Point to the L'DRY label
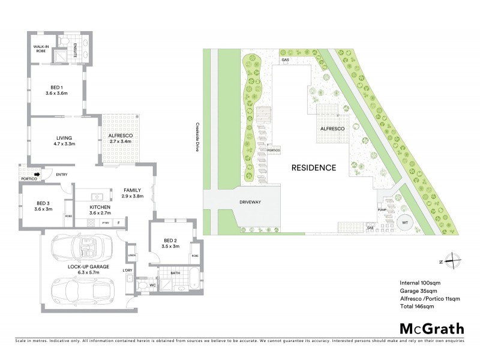(x=127, y=271)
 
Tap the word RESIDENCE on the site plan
(x=314, y=167)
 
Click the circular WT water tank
(x=404, y=221)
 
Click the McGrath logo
(x=431, y=328)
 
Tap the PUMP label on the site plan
(x=381, y=208)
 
